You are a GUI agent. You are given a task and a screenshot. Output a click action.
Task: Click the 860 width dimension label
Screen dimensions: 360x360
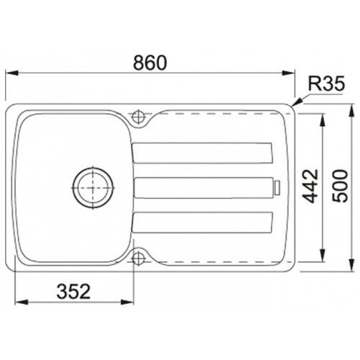(150, 63)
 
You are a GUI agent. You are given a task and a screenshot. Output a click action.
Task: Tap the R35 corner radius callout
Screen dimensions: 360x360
(326, 84)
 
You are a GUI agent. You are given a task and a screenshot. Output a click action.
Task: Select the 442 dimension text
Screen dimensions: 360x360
(310, 186)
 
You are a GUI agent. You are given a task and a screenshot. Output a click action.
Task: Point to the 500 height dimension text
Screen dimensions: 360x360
(340, 186)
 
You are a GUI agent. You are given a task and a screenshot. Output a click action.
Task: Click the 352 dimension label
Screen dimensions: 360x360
(73, 292)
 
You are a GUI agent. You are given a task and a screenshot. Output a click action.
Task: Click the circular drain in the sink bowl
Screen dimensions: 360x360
(93, 187)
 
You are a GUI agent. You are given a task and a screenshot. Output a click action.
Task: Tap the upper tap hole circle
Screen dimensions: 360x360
(138, 117)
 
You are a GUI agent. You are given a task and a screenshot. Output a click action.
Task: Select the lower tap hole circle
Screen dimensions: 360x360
(138, 258)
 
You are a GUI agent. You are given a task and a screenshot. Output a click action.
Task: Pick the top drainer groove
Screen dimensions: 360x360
(202, 153)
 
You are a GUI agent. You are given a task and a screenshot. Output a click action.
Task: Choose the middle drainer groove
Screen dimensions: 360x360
(204, 188)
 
